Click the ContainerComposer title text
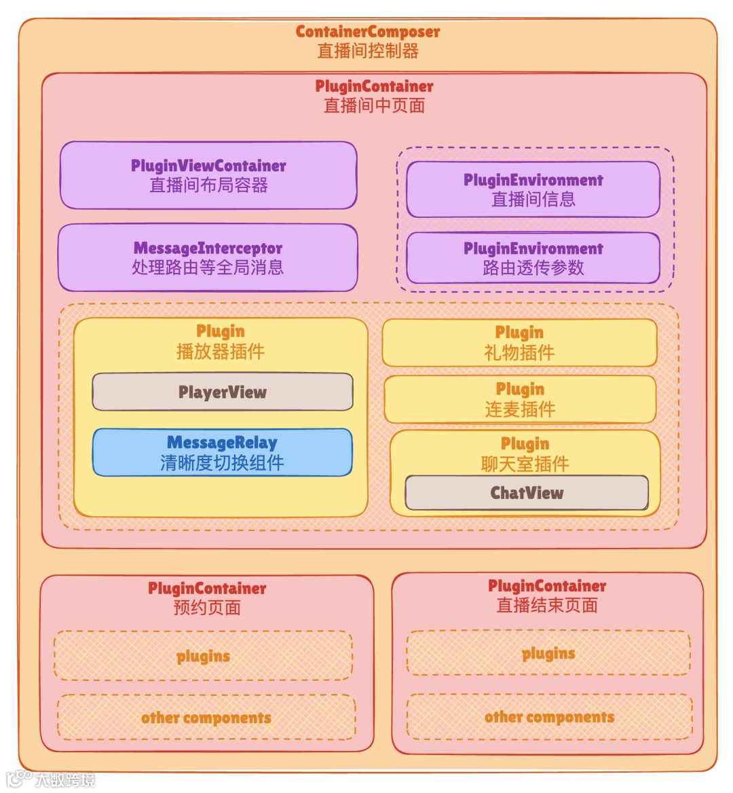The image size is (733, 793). click(367, 32)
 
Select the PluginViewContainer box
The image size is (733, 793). click(208, 175)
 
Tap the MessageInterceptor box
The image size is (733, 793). click(208, 258)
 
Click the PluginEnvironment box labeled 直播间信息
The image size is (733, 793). click(533, 189)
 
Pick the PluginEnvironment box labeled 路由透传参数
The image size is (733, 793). click(533, 258)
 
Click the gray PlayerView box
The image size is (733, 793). click(223, 392)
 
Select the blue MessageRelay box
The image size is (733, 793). click(223, 452)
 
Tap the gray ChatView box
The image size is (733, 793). click(527, 493)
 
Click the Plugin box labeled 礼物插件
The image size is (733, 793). click(519, 342)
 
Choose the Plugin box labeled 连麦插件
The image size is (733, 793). click(520, 399)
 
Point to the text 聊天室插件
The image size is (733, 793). click(525, 464)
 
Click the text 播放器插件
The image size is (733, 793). click(220, 351)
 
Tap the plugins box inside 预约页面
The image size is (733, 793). click(203, 656)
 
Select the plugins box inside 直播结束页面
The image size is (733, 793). click(548, 653)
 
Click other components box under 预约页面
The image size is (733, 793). click(206, 718)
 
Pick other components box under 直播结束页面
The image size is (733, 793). click(549, 717)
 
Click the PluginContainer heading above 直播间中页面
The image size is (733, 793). click(374, 86)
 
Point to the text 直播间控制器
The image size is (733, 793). click(367, 51)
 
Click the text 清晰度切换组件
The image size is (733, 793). click(222, 463)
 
